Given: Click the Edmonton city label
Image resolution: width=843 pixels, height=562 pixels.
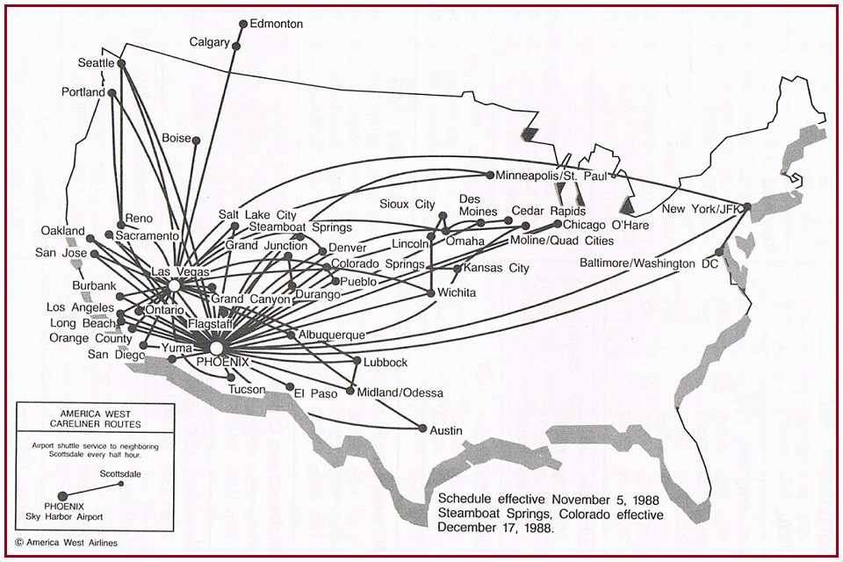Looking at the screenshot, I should [x=276, y=25].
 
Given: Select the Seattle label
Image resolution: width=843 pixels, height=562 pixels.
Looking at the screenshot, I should [x=96, y=63].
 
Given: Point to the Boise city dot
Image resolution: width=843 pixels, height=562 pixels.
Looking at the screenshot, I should [x=196, y=140].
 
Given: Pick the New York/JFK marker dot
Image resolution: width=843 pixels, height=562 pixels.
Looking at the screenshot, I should [x=746, y=208].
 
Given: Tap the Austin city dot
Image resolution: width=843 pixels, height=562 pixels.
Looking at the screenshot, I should [x=422, y=429].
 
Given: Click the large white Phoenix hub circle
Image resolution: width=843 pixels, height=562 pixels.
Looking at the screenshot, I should [x=216, y=349].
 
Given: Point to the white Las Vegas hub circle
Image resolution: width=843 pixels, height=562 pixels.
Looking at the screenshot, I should [x=174, y=286].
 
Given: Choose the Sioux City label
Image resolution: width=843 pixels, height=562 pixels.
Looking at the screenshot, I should [x=407, y=204].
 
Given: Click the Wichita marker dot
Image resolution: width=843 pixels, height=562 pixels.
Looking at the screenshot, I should [x=431, y=293].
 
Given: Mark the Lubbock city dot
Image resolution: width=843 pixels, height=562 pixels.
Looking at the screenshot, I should [x=356, y=361].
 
